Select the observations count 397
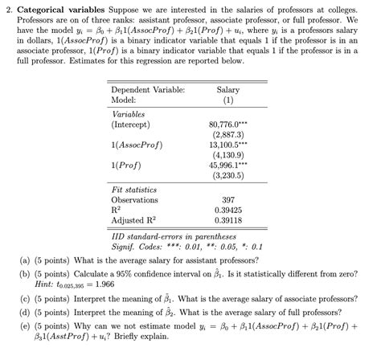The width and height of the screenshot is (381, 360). tap(228, 198)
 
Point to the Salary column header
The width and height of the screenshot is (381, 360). tap(228, 90)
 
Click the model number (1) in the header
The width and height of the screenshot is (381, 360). tap(228, 100)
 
